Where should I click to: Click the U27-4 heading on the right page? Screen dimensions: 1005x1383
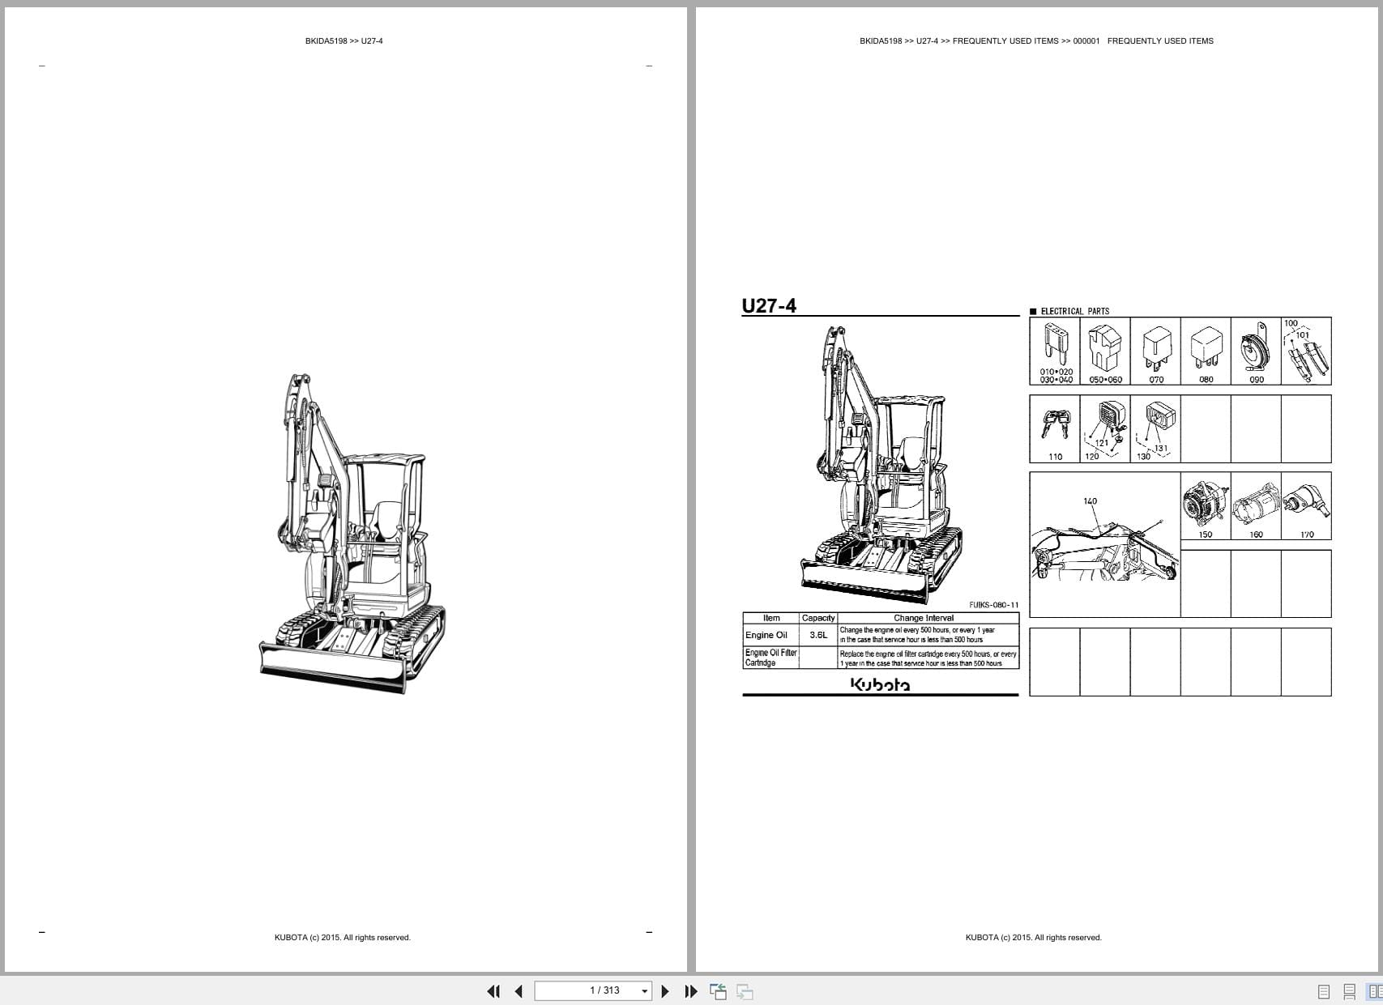[x=769, y=305]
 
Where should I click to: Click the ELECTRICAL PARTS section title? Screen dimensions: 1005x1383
[x=1074, y=311]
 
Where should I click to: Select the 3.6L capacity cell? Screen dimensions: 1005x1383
[x=818, y=635]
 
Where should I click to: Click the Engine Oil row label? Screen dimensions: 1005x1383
[x=766, y=635]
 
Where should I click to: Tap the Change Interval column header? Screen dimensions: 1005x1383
[x=924, y=618]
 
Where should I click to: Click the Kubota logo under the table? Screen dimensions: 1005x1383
[x=880, y=685]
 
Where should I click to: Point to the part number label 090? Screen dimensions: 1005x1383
[x=1257, y=380]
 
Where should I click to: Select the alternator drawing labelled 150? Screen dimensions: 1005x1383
[x=1205, y=504]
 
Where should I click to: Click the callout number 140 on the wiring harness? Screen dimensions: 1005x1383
[x=1091, y=501]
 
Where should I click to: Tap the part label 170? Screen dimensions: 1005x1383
[x=1307, y=534]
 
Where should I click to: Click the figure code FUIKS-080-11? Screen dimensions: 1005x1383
[x=993, y=605]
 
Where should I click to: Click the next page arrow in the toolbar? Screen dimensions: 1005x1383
[x=665, y=991]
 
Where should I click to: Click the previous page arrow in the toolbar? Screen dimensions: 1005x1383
[x=519, y=991]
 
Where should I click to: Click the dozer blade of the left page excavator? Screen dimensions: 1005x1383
[x=332, y=666]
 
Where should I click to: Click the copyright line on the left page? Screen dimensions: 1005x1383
[x=342, y=938]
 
